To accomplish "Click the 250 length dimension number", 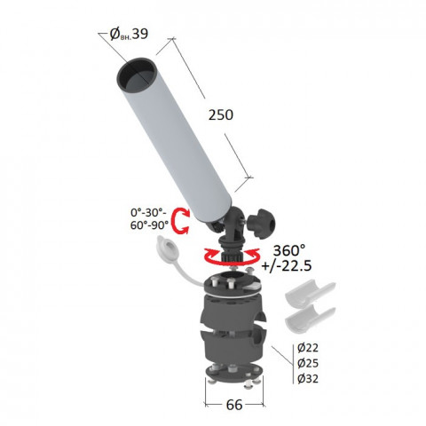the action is [221, 114].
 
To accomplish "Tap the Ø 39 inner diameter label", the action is [129, 34].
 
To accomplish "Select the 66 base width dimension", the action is [234, 405].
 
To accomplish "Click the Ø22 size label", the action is [308, 348].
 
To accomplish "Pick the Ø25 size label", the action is [308, 363].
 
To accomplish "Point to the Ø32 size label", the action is [308, 379].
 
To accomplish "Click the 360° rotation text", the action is [289, 250].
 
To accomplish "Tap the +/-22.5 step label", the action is [287, 265].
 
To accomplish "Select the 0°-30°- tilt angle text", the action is [148, 212].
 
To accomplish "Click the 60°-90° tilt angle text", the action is [149, 225].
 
